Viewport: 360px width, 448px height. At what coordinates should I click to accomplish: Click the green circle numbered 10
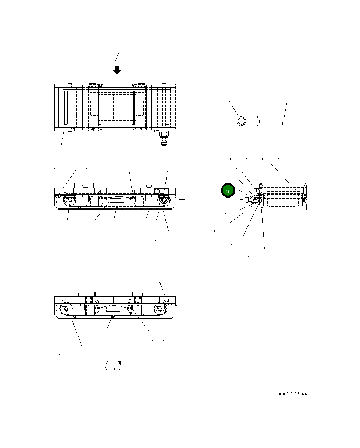[x=227, y=191]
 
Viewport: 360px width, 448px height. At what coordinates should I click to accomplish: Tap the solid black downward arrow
[x=117, y=69]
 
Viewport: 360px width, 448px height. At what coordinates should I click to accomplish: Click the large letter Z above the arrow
[x=117, y=57]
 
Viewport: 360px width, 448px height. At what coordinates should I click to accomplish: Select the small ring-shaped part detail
[x=241, y=121]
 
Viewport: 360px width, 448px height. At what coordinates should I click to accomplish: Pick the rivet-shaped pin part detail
[x=260, y=121]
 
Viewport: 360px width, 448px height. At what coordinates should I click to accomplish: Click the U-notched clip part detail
[x=284, y=121]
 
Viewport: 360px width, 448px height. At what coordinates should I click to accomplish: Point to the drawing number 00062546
[x=293, y=394]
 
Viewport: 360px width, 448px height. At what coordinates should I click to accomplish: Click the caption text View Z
[x=113, y=369]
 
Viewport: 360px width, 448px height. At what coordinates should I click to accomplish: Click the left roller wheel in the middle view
[x=69, y=201]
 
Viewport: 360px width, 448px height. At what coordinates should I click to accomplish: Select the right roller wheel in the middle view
[x=163, y=201]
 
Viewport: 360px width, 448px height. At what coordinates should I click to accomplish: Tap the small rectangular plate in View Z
[x=171, y=300]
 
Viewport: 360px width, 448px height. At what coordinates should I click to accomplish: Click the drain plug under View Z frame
[x=113, y=317]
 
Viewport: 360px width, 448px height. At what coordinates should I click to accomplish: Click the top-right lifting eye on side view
[x=304, y=185]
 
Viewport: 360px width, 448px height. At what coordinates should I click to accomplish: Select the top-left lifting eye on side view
[x=261, y=185]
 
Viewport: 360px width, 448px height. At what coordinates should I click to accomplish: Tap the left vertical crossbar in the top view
[x=86, y=107]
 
